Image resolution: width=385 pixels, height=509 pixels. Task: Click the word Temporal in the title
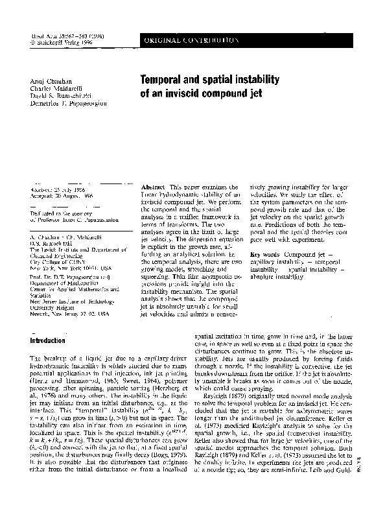pyautogui.click(x=164, y=80)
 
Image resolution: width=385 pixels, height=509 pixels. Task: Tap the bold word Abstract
pyautogui.click(x=153, y=186)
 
